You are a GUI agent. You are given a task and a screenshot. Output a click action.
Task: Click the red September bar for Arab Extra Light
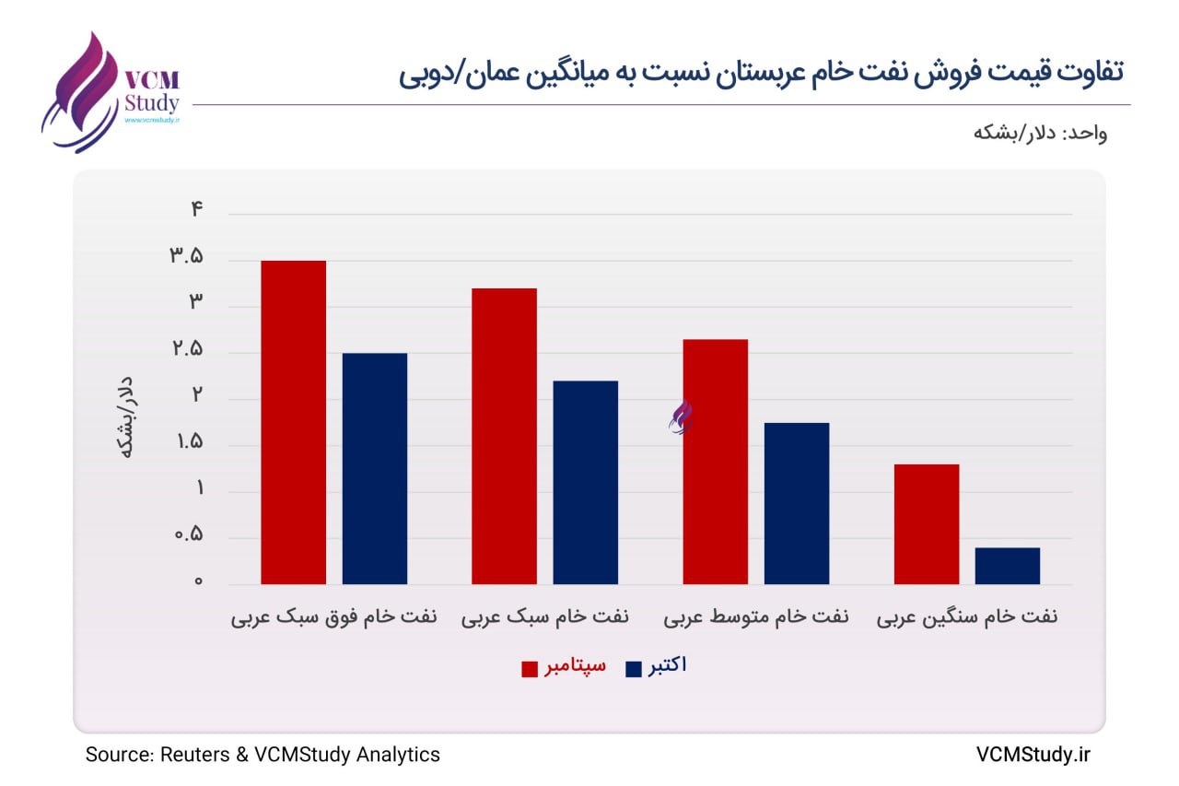(x=293, y=422)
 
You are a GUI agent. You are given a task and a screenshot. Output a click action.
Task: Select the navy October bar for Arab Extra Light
(x=374, y=468)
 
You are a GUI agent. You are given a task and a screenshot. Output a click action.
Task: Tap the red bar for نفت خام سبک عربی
(x=504, y=436)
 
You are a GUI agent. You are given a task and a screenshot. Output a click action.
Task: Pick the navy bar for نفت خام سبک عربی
(x=585, y=482)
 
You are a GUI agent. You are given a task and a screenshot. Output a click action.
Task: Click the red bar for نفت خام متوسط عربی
(x=715, y=461)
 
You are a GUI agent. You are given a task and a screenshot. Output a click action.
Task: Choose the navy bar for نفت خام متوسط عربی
(x=796, y=503)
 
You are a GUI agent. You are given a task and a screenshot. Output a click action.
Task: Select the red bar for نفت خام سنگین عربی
(x=926, y=523)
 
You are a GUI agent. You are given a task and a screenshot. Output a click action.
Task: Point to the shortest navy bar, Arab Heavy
(x=1007, y=566)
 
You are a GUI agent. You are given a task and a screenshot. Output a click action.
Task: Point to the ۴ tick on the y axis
(x=196, y=209)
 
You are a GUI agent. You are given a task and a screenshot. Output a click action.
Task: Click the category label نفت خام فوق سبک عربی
(x=333, y=617)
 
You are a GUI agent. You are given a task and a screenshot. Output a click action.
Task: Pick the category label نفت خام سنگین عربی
(x=966, y=617)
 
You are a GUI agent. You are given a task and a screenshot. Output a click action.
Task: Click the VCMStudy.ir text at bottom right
(x=1033, y=755)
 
